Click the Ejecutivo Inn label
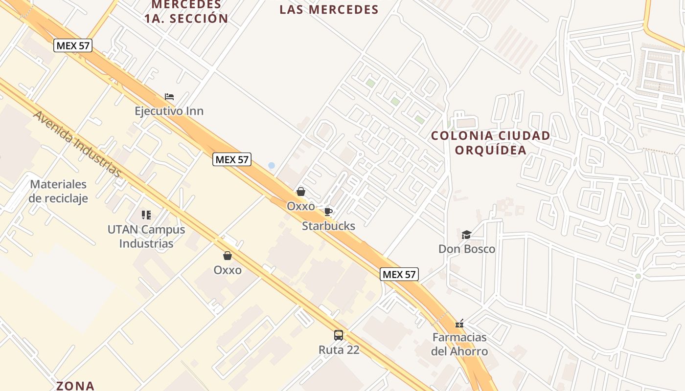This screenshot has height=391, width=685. [169, 111]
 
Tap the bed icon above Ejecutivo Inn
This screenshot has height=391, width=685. [169, 96]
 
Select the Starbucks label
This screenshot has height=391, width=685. [328, 226]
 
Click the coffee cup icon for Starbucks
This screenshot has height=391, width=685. [328, 212]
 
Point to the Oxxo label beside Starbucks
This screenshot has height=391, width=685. [301, 206]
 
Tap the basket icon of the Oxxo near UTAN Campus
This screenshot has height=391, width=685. [228, 255]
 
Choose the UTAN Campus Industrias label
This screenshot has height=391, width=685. [146, 236]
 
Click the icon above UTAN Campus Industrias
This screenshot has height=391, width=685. [146, 215]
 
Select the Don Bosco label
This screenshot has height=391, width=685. [466, 249]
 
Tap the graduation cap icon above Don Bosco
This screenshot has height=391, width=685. [466, 235]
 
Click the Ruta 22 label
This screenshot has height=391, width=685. [339, 349]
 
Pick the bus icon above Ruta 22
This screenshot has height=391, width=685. [339, 335]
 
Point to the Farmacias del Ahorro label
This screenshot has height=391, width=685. [459, 344]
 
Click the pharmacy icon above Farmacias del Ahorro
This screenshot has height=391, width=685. [459, 323]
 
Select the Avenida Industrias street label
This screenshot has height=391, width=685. [77, 144]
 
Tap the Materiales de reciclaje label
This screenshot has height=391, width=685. [58, 191]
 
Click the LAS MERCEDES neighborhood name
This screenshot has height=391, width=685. [329, 10]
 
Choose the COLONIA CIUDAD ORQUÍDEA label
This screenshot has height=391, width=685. [490, 143]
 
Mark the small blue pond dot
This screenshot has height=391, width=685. [272, 166]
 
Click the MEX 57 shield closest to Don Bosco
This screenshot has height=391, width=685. [399, 274]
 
